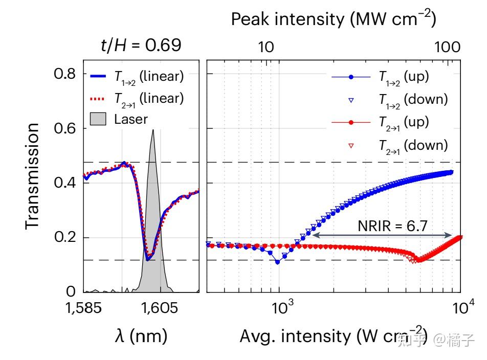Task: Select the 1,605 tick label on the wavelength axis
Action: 160,308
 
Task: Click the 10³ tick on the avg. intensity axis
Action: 279,308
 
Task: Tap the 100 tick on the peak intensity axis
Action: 447,48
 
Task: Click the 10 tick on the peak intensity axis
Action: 265,48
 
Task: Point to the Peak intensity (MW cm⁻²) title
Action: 333,19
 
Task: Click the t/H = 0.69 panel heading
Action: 141,46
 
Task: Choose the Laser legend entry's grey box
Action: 98,120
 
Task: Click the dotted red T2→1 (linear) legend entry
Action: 136,98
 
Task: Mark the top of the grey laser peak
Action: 152,129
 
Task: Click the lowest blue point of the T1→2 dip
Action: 278,262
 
